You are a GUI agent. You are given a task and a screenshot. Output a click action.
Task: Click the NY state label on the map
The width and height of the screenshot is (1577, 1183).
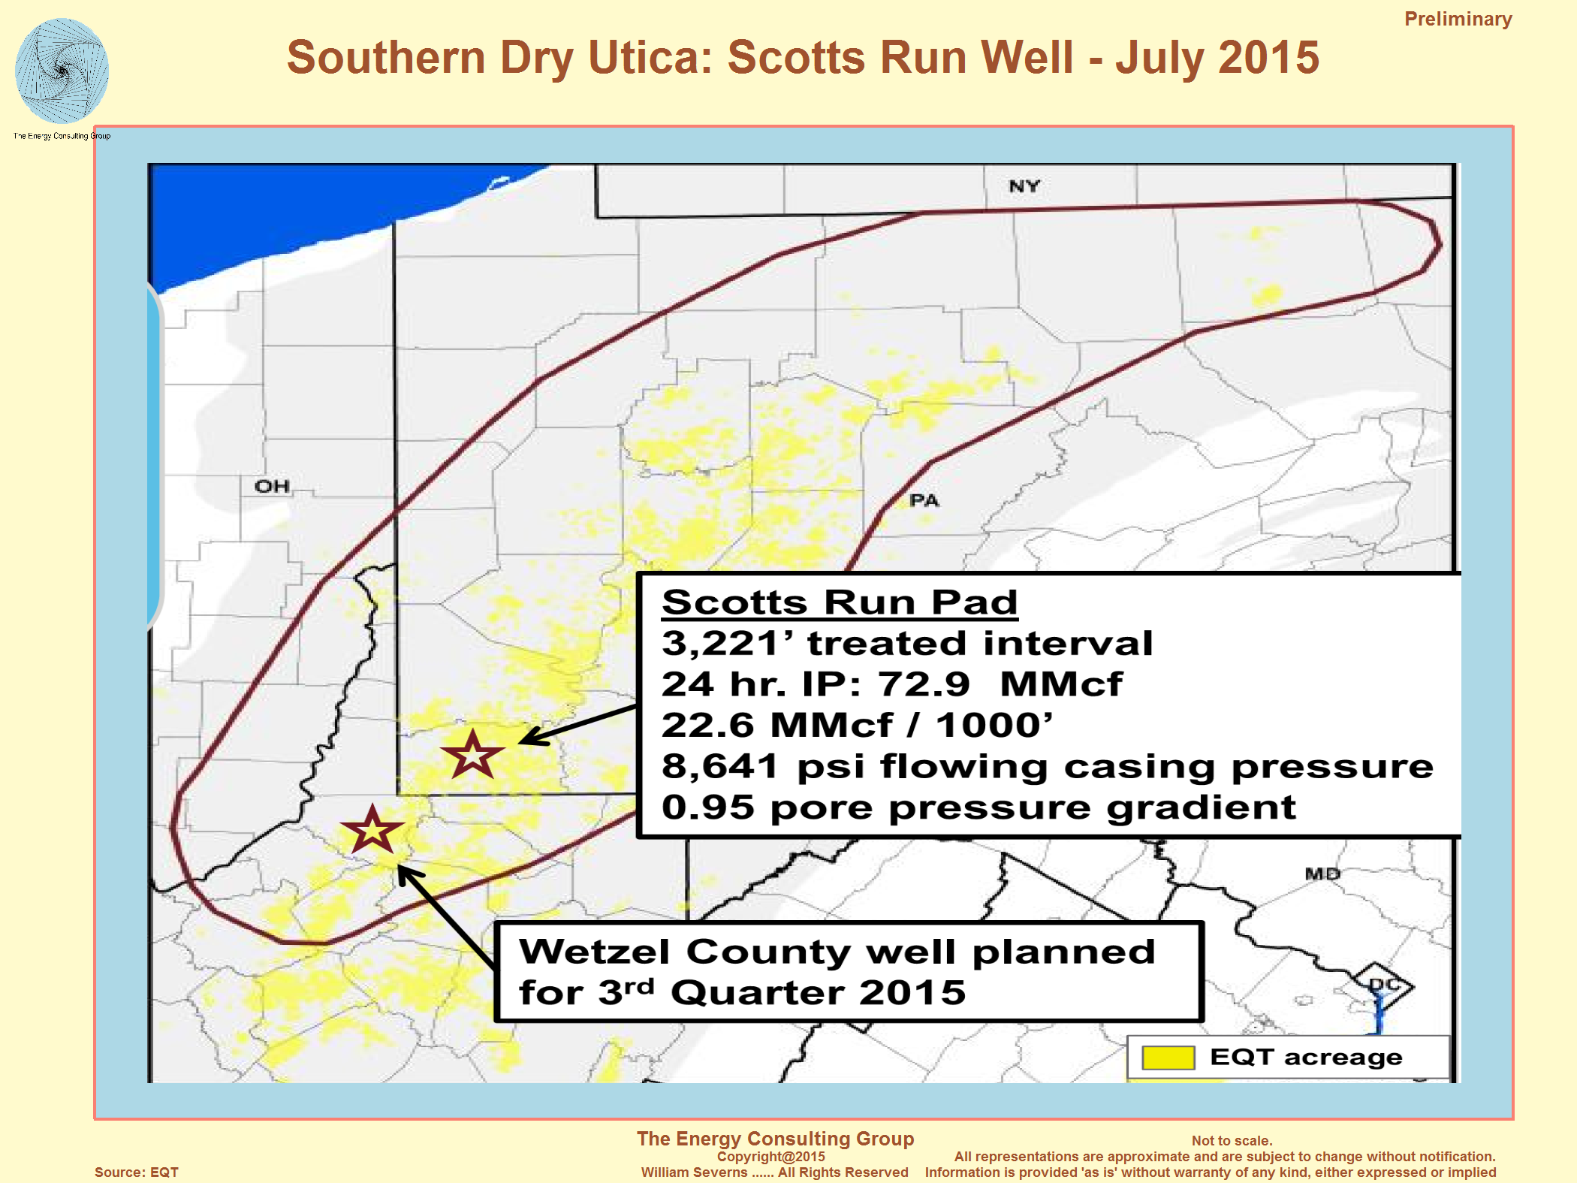tap(1024, 186)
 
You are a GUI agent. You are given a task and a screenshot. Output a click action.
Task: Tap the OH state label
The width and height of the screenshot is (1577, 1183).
tap(272, 487)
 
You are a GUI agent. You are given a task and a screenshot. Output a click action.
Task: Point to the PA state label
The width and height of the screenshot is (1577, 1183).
tap(924, 500)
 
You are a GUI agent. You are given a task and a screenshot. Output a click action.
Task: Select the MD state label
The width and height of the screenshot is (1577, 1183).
tap(1322, 874)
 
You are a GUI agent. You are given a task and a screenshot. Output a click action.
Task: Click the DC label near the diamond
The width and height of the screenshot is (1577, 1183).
tap(1384, 984)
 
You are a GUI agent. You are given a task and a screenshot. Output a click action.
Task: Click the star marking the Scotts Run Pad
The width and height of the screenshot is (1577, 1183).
tap(472, 754)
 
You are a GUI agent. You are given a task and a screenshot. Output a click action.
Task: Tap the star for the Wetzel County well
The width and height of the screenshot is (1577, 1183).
tap(372, 830)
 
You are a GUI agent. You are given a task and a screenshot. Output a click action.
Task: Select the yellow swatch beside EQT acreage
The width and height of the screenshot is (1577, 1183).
tap(1168, 1058)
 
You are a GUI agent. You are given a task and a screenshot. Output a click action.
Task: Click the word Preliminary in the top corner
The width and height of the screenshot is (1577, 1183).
tap(1458, 19)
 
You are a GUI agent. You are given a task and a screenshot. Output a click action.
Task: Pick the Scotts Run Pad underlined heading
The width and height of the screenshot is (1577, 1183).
tap(840, 602)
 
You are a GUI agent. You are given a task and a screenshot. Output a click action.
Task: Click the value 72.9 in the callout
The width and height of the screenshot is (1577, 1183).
tap(924, 684)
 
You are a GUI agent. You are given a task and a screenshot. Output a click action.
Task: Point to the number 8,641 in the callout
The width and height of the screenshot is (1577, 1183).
tap(719, 767)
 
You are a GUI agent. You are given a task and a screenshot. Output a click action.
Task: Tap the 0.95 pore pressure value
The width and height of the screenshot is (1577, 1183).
tap(707, 807)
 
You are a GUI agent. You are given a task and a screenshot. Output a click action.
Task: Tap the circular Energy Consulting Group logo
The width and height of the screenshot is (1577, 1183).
tap(62, 71)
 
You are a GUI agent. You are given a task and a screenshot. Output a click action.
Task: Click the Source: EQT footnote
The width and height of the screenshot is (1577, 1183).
tap(137, 1172)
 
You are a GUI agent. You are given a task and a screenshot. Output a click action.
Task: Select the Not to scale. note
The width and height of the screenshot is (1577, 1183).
tap(1232, 1140)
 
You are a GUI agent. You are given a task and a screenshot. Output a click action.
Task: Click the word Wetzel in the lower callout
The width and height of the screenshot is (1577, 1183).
tap(594, 952)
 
